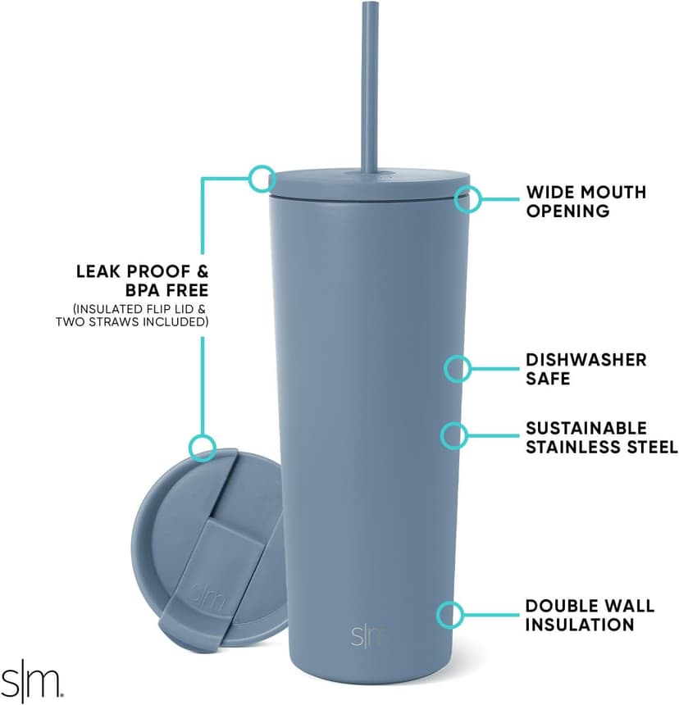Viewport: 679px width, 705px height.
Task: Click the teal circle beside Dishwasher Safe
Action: pos(458,369)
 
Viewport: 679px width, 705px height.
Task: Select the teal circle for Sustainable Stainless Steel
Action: pos(454,436)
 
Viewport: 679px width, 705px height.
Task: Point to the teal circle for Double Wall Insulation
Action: pos(450,614)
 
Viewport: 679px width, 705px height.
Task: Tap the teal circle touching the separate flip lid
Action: pos(202,448)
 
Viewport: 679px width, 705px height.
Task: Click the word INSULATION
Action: pos(580,625)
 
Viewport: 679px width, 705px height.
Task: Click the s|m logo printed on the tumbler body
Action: pos(371,635)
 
